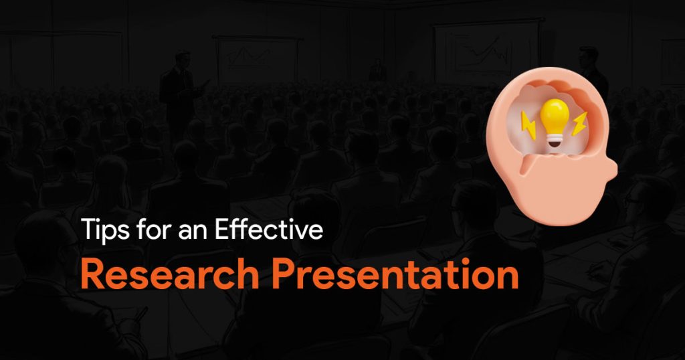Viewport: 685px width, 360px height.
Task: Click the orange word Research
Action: tap(170, 274)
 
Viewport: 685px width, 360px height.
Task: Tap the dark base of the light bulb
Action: tap(555, 141)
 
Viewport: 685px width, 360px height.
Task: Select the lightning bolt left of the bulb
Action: tap(528, 125)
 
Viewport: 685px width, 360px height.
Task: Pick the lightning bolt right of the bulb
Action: tap(579, 124)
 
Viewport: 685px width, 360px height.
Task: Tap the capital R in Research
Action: tap(92, 274)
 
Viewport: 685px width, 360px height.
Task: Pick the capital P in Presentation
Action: tap(283, 274)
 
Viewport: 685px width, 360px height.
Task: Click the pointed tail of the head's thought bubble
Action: tap(522, 169)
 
